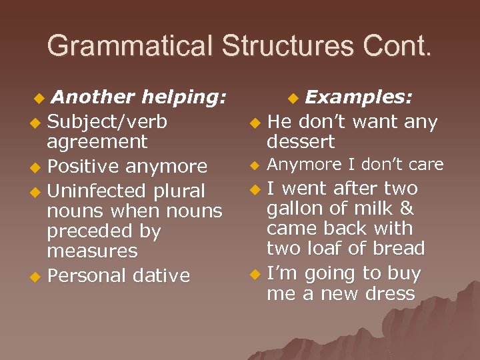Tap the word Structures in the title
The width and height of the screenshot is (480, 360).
[x=287, y=46]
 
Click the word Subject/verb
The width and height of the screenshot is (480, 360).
[x=107, y=122]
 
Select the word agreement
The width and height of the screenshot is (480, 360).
[x=97, y=142]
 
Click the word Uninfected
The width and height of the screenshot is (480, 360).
[x=99, y=191]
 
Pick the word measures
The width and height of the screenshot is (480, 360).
[x=92, y=251]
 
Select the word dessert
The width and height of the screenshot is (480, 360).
[x=301, y=142]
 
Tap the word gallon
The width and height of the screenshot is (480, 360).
[x=296, y=209]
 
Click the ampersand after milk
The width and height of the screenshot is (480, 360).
[x=406, y=209]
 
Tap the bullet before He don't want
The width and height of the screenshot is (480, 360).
[x=254, y=123]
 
